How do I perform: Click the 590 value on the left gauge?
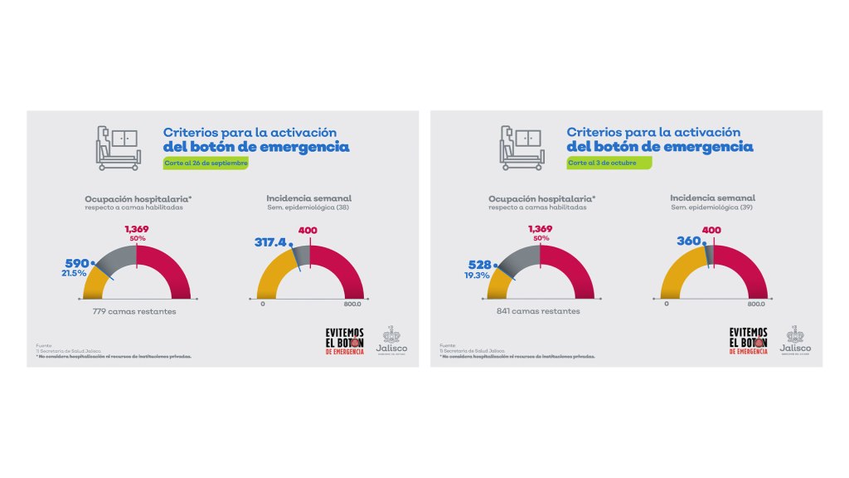[77, 263]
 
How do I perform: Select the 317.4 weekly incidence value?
[271, 242]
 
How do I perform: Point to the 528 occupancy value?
[481, 265]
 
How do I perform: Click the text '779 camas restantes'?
[134, 312]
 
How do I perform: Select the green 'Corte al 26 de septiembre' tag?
[206, 163]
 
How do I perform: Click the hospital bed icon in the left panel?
[116, 147]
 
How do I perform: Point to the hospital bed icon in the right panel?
[520, 147]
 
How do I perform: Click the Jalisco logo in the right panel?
[796, 340]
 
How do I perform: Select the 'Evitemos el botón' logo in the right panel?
[749, 340]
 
